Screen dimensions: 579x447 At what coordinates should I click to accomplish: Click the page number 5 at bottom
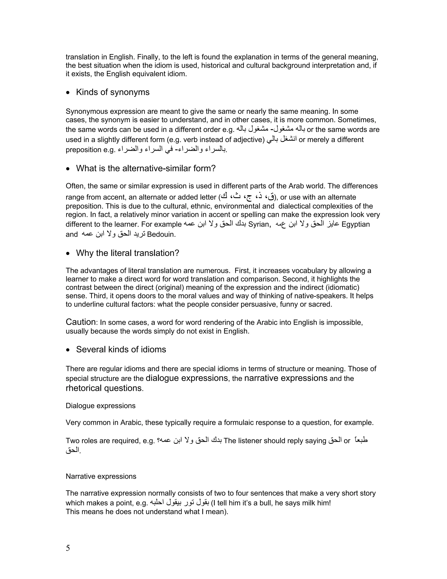tap(68, 548)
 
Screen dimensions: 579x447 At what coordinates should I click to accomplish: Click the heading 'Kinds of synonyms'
tap(113, 92)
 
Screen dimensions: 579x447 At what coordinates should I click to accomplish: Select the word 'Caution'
tap(81, 322)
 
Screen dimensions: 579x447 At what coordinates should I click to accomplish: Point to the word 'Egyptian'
tap(356, 224)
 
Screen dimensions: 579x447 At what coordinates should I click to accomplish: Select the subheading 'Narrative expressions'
tap(101, 476)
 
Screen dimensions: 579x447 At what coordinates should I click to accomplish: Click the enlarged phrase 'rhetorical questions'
tap(104, 388)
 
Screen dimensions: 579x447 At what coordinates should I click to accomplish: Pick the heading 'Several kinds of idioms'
tap(121, 349)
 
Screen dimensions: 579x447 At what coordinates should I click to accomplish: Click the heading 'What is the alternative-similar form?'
tap(146, 168)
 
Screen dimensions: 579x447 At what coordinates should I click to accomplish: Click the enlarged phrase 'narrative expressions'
tap(286, 378)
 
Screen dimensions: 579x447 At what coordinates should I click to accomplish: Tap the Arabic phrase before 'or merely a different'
tap(282, 140)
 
